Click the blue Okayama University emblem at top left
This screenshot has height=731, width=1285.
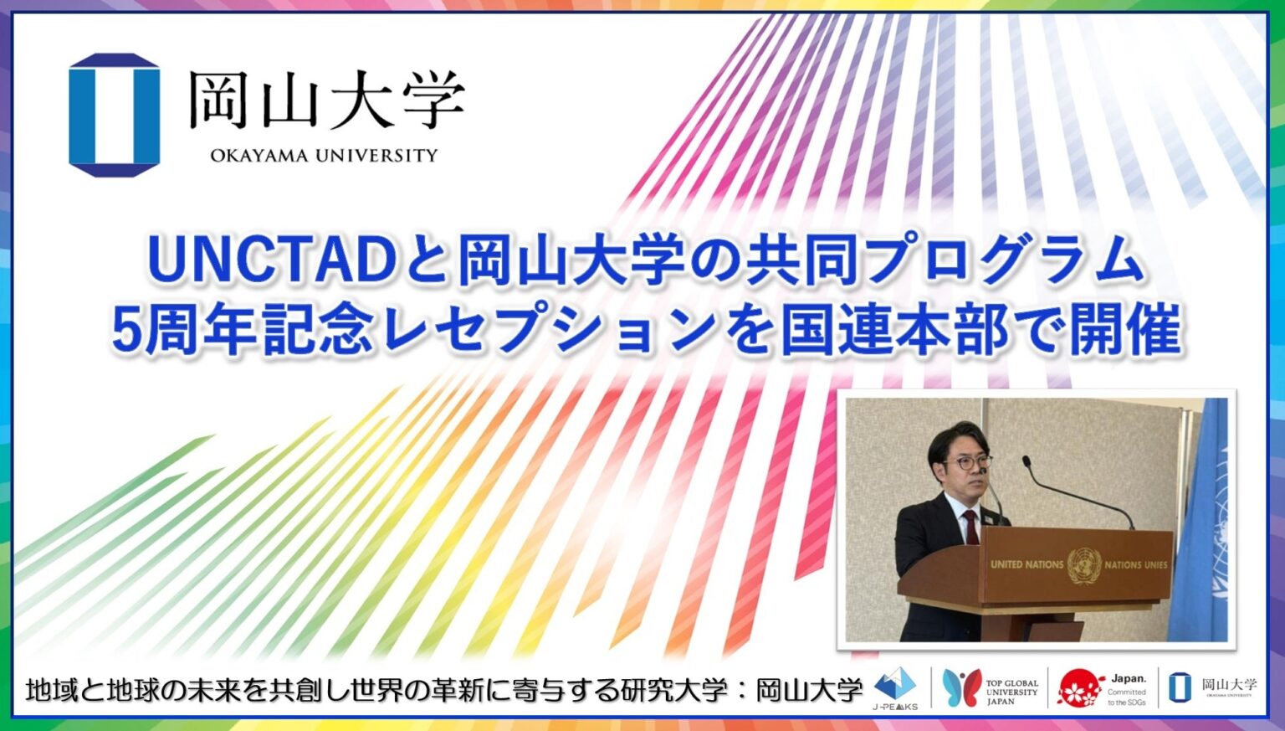tap(114, 115)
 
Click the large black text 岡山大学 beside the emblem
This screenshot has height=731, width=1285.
tap(325, 100)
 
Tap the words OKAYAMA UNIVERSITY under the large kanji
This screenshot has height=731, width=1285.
tap(324, 155)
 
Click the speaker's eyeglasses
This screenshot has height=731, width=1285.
tap(969, 461)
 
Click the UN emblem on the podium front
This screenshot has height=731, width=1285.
tap(1083, 564)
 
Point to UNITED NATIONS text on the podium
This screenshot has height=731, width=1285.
tap(1026, 564)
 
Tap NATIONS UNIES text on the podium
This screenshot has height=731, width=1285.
tap(1135, 564)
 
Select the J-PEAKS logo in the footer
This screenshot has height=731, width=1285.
tap(895, 689)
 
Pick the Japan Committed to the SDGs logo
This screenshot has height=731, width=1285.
tap(1103, 689)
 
